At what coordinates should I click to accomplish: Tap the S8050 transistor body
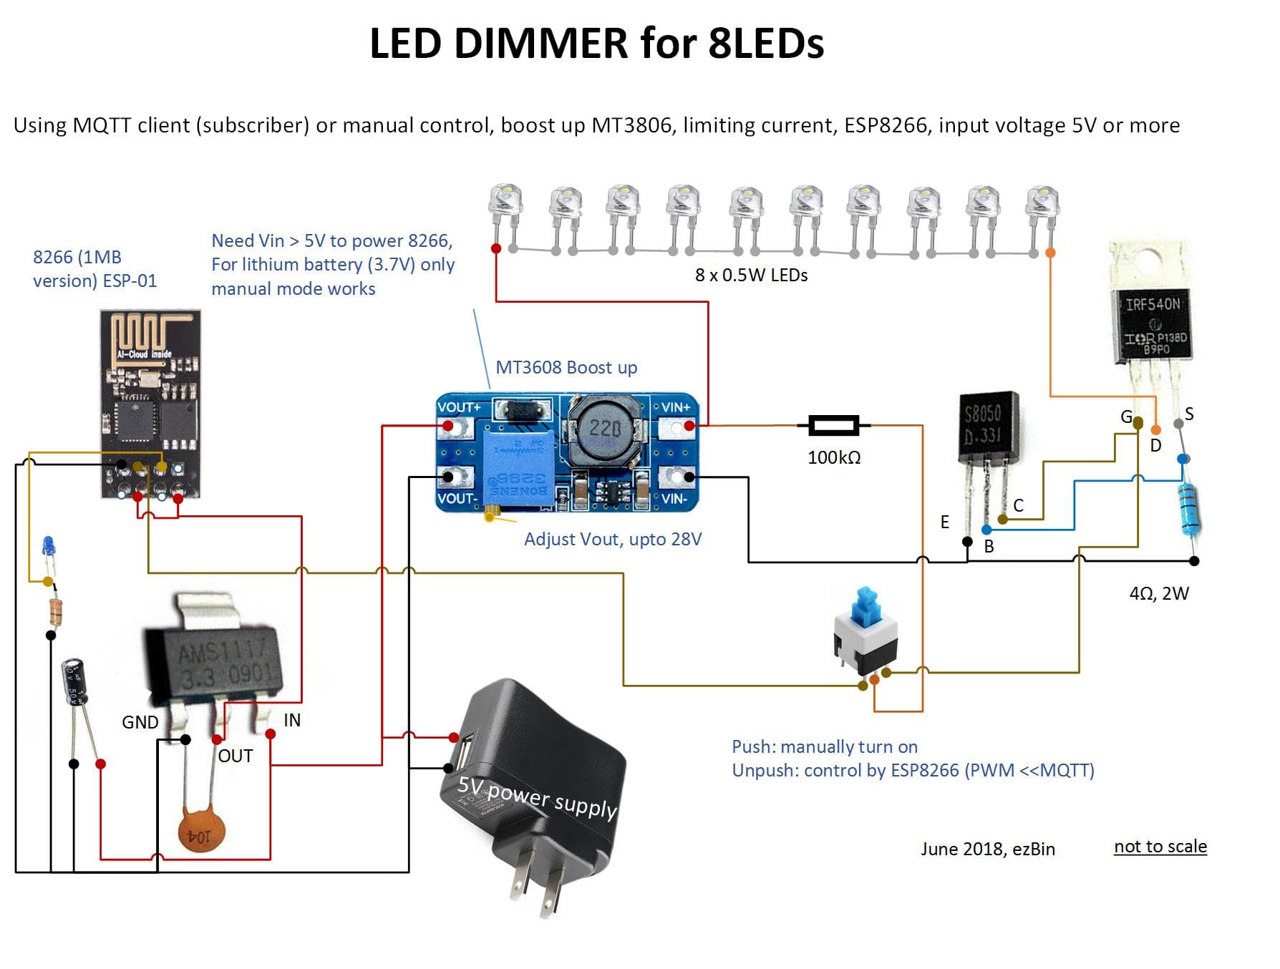pos(988,427)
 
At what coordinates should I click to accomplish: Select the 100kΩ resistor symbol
pos(833,426)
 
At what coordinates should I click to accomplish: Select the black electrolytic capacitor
pos(74,682)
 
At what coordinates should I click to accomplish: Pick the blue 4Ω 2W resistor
pos(1190,510)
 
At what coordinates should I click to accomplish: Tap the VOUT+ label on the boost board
pos(459,407)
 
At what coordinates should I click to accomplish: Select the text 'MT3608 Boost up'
pos(566,368)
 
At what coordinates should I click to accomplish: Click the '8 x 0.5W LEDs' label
pos(751,276)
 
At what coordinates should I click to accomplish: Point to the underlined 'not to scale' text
pos(1160,847)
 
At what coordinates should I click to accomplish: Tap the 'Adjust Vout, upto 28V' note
pos(613,540)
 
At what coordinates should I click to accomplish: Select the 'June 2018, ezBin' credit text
pos(987,849)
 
